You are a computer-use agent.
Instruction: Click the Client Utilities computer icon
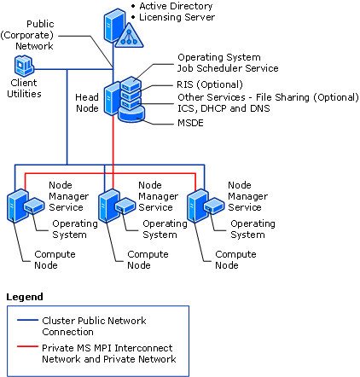point(24,66)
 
